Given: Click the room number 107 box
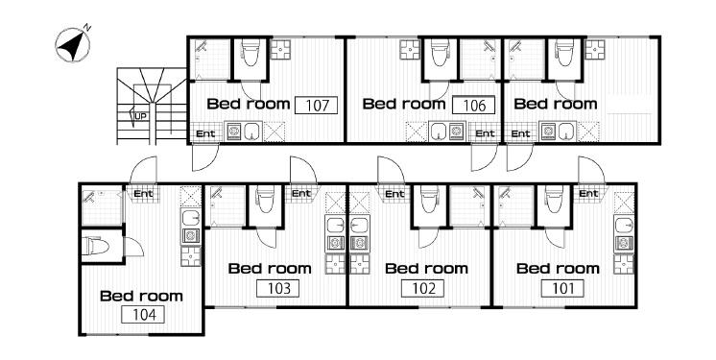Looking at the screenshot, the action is [317, 106].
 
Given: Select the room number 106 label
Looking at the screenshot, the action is [473, 106].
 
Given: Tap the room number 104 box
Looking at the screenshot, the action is [143, 314].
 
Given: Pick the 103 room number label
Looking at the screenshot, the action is [277, 288].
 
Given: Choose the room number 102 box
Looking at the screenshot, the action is [422, 288].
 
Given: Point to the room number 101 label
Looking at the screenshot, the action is [562, 288].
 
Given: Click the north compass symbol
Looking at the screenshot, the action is [73, 44].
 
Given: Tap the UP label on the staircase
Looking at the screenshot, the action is [141, 116].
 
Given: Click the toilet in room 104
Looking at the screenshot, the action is [96, 247].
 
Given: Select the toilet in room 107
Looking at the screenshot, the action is [250, 52].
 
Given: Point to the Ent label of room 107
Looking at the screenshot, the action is [205, 133].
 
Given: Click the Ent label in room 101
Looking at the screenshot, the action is [588, 194].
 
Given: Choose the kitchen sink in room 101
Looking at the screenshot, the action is [624, 226].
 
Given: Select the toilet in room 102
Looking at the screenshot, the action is [429, 199].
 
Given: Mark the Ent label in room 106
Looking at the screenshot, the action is [485, 133].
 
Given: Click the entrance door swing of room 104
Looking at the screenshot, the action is [143, 170].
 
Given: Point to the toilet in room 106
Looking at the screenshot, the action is [440, 52].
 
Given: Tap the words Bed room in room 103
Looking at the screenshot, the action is [270, 268].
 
